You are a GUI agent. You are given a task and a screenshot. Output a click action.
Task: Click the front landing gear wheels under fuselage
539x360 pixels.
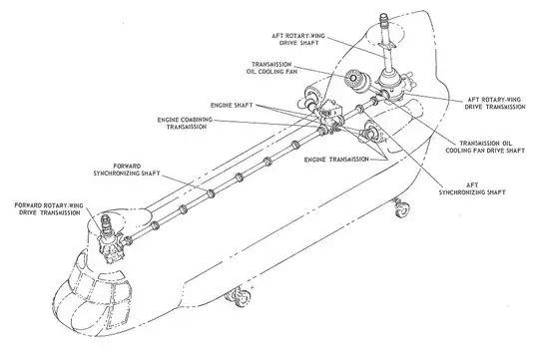240,296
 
